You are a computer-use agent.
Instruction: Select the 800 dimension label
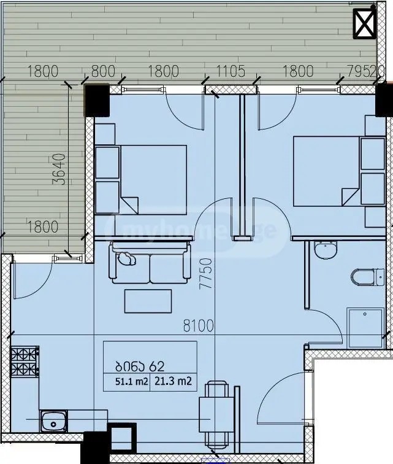tap(103, 71)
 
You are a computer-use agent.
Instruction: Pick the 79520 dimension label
tap(365, 71)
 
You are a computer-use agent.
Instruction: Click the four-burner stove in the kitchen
tap(25, 362)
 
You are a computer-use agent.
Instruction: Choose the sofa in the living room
tap(148, 263)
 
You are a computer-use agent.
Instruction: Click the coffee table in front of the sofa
tap(148, 301)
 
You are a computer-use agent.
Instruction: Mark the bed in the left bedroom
tap(153, 179)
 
